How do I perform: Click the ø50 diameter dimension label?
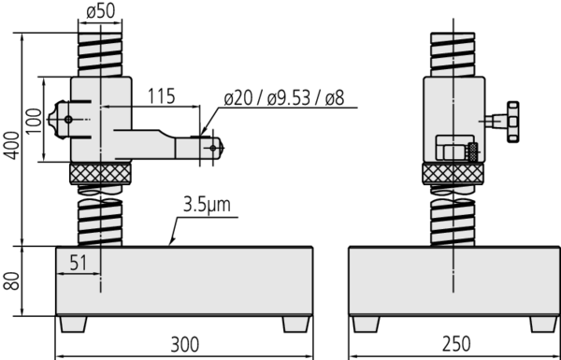tap(101, 11)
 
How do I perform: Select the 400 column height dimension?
tap(11, 145)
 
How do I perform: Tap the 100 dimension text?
tap(34, 121)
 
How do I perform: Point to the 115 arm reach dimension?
tap(162, 96)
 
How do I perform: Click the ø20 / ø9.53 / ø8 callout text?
tap(284, 98)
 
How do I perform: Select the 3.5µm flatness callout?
tap(207, 206)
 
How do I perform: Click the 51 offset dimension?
tap(79, 264)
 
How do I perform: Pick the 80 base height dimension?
tap(11, 281)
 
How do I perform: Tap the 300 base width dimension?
tap(184, 344)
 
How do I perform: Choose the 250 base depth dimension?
tap(456, 344)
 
